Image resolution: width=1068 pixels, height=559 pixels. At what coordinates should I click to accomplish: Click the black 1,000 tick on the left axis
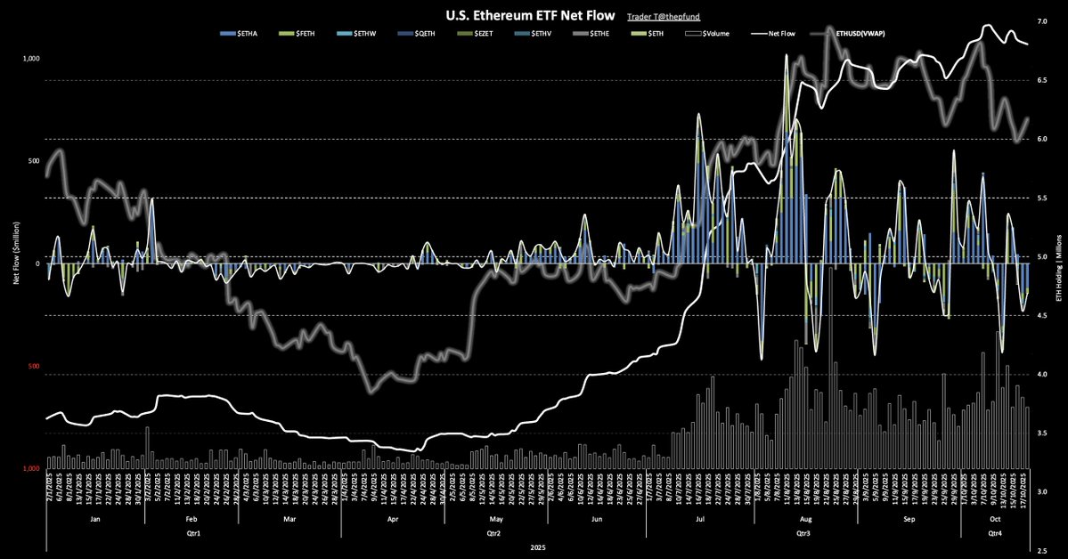click(x=33, y=59)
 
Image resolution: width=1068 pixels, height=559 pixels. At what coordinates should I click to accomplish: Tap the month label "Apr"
click(x=393, y=516)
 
